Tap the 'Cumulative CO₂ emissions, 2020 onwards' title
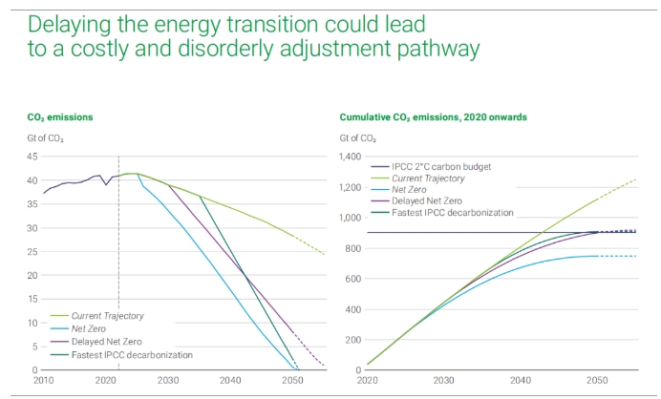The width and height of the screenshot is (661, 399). (x=433, y=117)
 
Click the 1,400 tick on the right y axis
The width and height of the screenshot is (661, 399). (x=352, y=157)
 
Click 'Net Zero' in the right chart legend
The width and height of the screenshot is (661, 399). (x=411, y=189)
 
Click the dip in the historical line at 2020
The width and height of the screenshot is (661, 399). (x=107, y=184)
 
